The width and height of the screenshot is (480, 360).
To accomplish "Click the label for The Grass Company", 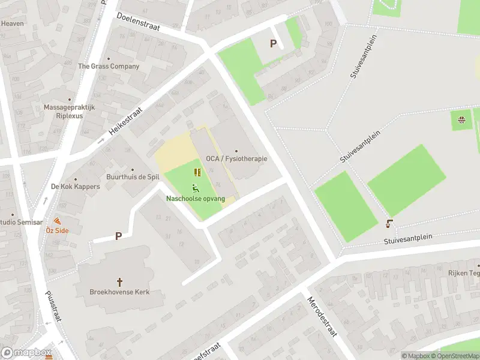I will coord(109,66).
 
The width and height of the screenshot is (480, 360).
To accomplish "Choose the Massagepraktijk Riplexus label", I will coord(69,112).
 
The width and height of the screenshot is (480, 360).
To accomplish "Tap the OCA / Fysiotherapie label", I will coord(236,158).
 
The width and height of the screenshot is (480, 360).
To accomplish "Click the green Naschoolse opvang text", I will coord(196,198).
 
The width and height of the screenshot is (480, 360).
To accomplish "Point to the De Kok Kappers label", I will coord(75,187).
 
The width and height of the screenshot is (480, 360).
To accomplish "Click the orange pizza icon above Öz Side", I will coord(57,221).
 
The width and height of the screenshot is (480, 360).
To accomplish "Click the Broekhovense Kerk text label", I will coord(119,292).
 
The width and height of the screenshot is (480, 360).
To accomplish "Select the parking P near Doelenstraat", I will coord(274,43).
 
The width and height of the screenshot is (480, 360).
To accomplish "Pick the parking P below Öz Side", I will coord(118,236).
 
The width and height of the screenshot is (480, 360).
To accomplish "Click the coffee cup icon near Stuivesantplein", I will coord(390,224).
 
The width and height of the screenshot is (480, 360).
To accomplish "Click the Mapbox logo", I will coord(26,353).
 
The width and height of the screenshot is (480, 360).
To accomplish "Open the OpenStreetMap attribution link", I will coord(454,356).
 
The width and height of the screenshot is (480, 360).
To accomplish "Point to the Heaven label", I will coord(12,23).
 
